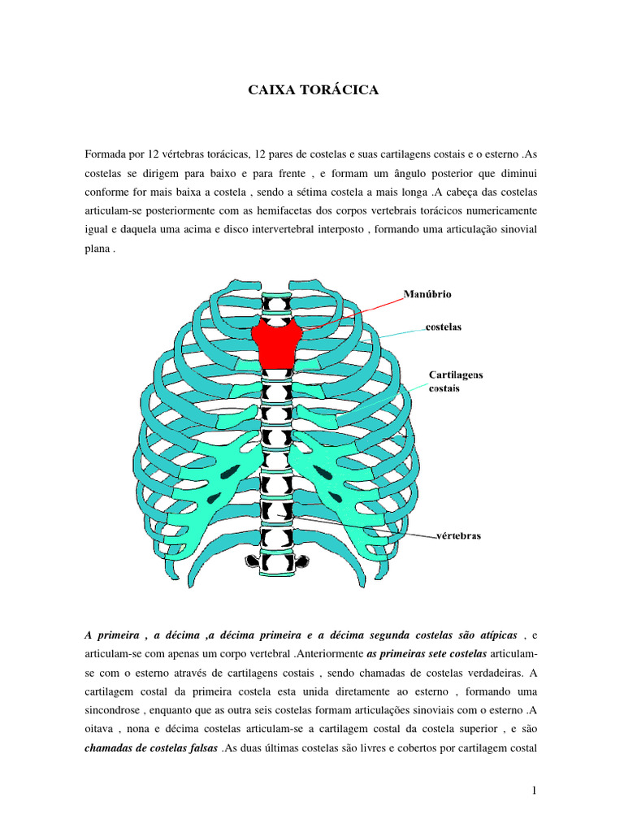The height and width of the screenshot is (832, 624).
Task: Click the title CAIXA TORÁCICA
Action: (x=313, y=90)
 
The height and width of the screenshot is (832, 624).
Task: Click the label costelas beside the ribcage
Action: (x=444, y=327)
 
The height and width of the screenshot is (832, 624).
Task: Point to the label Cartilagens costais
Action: (x=455, y=381)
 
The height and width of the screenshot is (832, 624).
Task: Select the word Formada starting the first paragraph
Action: (x=106, y=154)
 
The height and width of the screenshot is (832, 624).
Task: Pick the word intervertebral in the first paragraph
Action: (x=301, y=230)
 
